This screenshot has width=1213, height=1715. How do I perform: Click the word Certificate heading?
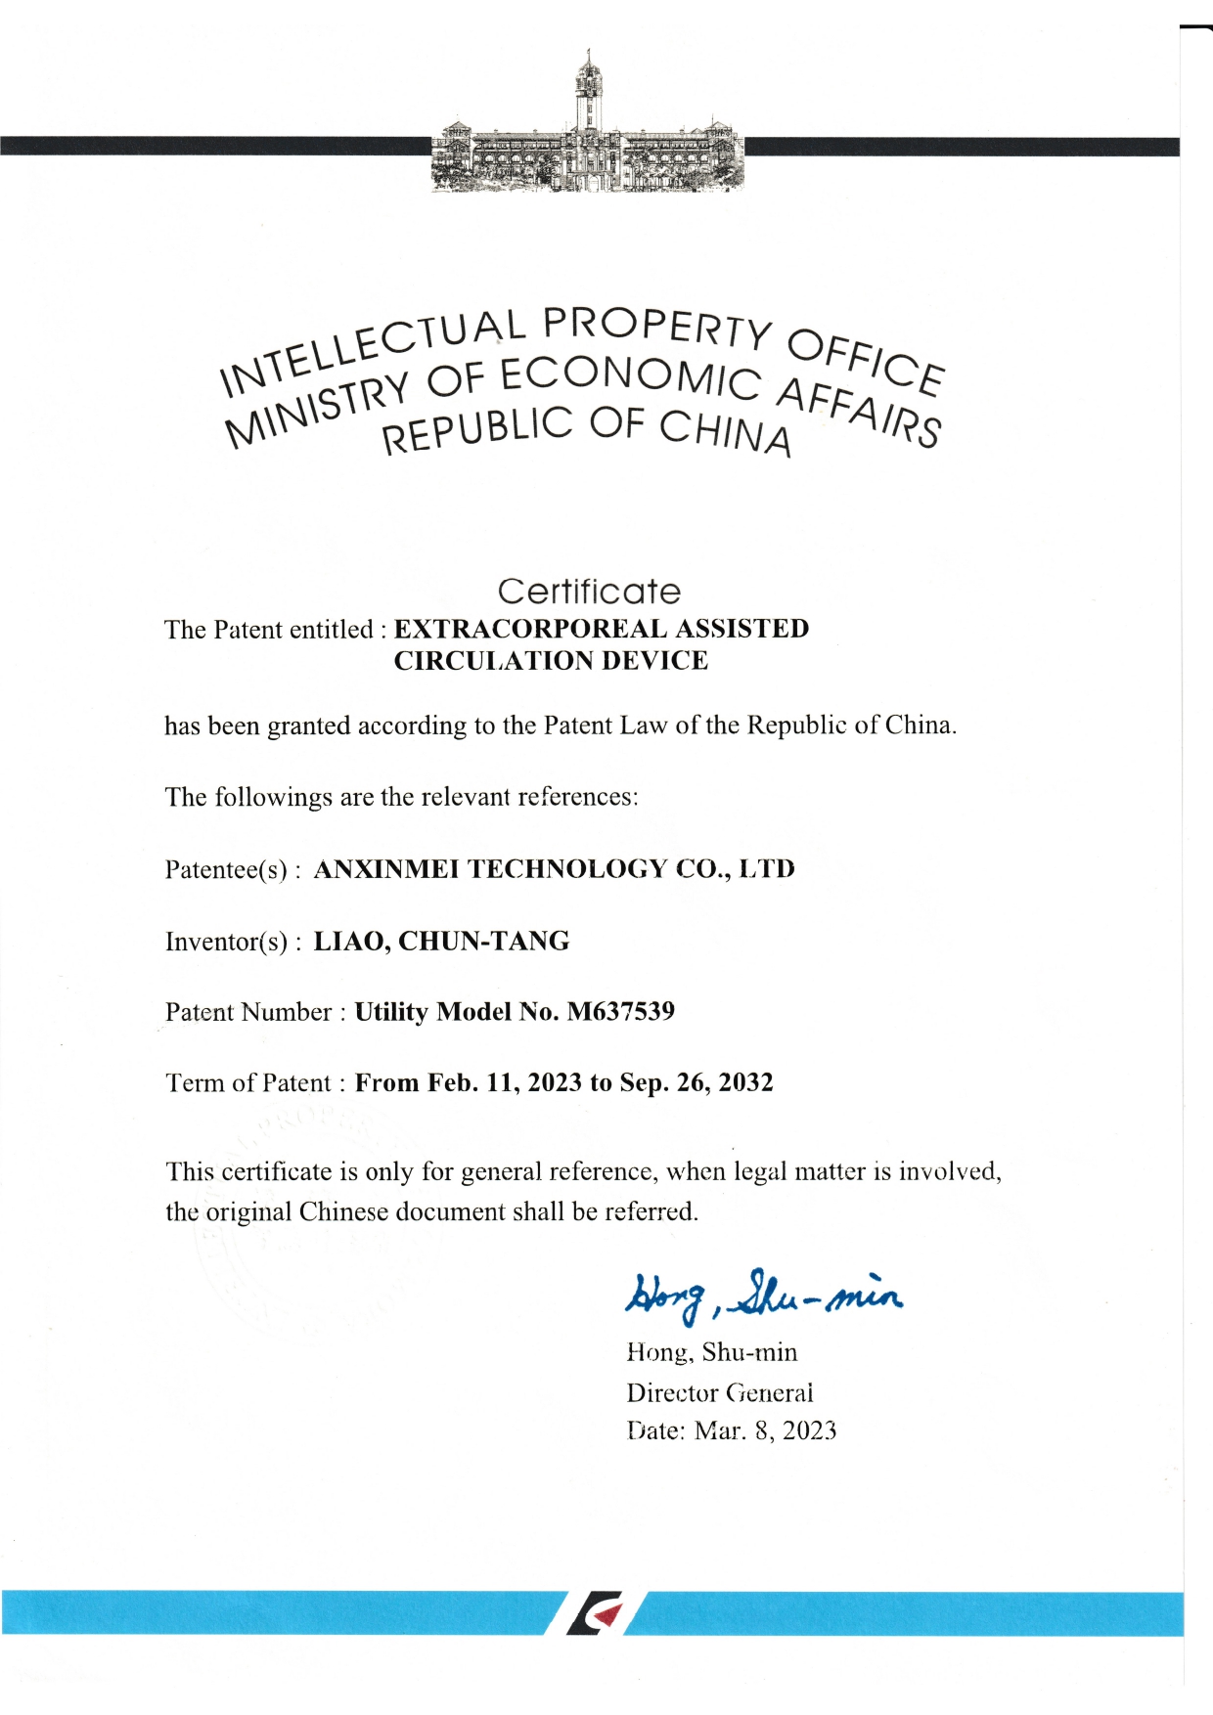(x=588, y=592)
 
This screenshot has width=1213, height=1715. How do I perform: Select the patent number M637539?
(x=620, y=1011)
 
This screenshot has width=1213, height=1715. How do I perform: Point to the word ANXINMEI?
(x=385, y=868)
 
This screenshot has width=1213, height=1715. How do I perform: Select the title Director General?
(x=719, y=1392)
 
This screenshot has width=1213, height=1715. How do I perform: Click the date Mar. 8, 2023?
(x=765, y=1431)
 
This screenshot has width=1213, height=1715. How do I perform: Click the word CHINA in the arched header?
(x=724, y=432)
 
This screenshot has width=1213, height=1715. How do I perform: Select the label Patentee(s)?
(x=228, y=869)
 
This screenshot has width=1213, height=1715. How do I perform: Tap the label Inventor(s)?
(x=228, y=942)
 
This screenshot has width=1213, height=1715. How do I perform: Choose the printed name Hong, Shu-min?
(x=711, y=1352)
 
